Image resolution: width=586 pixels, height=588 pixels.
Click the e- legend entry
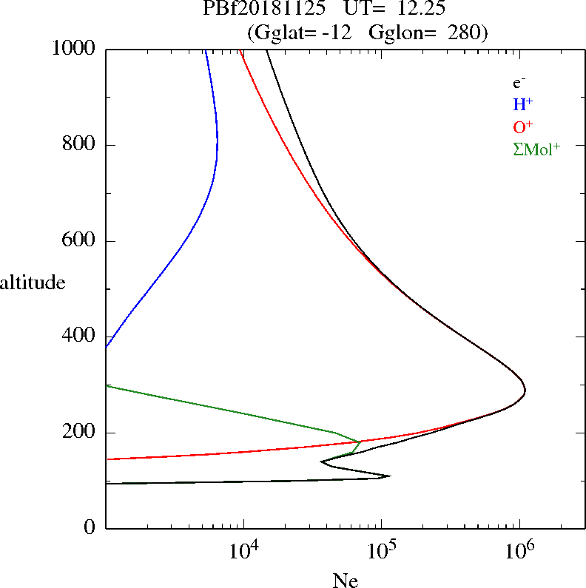pyautogui.click(x=519, y=83)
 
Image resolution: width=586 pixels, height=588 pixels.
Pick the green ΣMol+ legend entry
pyautogui.click(x=536, y=149)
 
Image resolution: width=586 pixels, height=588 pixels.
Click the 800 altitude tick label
pyautogui.click(x=81, y=145)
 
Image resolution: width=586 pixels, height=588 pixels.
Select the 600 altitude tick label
pyautogui.click(x=81, y=241)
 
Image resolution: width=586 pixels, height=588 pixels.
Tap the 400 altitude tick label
pyautogui.click(x=81, y=337)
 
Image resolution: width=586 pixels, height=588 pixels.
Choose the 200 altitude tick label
pyautogui.click(x=81, y=433)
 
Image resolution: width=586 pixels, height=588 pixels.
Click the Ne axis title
pyautogui.click(x=346, y=581)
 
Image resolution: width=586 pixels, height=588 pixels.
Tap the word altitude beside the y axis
pyautogui.click(x=34, y=282)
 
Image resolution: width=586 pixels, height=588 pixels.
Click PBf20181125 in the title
pyautogui.click(x=264, y=10)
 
